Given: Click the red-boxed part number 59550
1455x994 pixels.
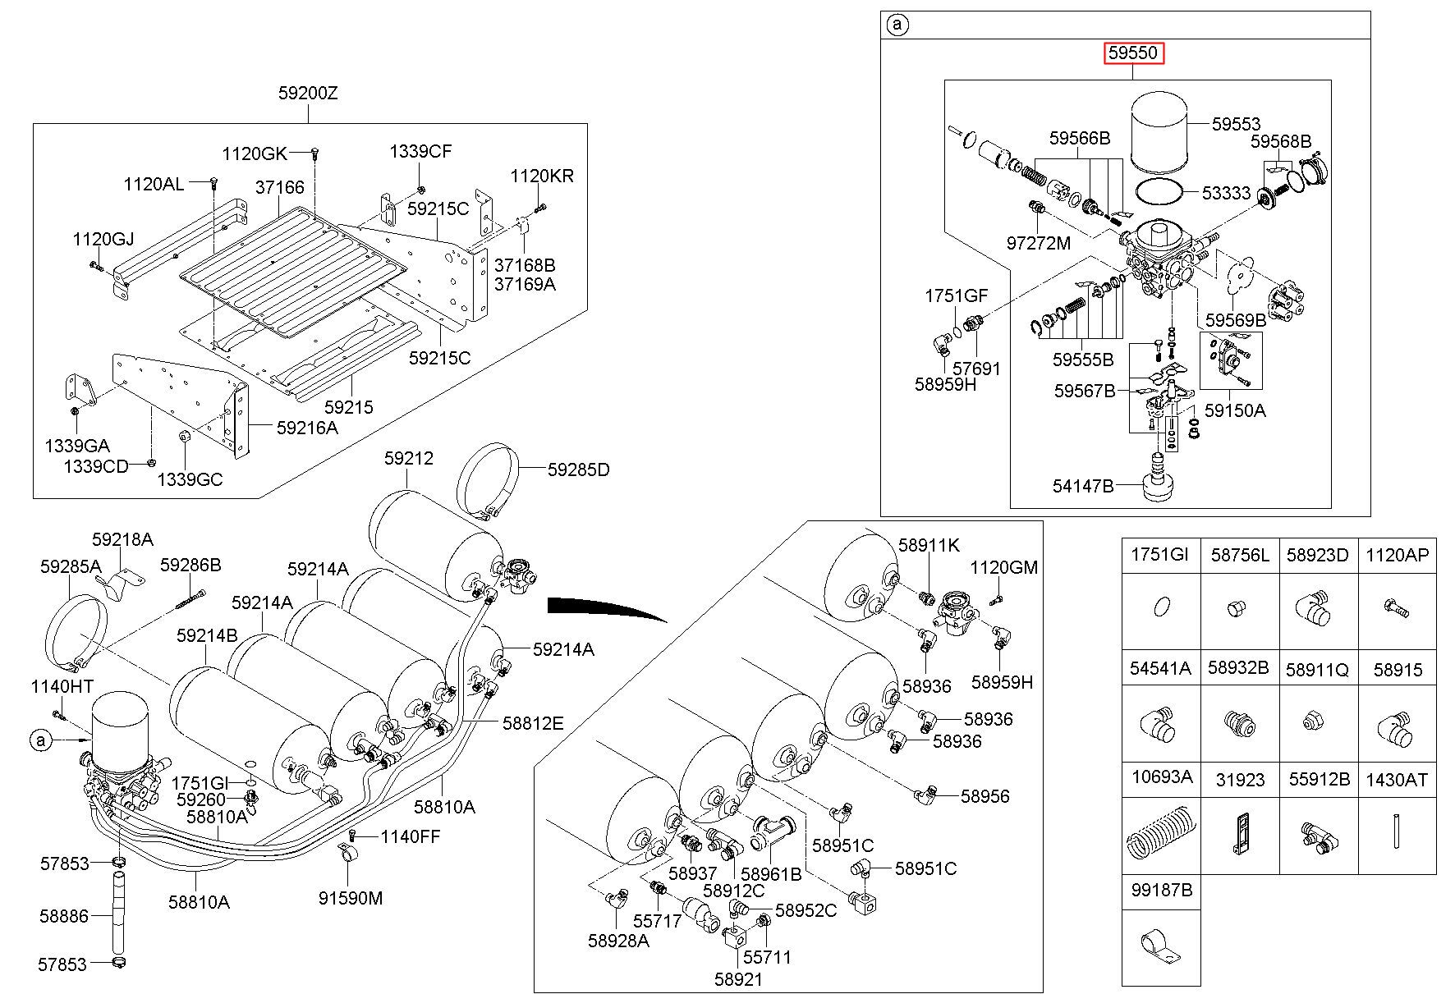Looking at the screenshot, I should click(1133, 53).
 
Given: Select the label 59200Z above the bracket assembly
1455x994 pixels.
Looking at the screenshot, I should click(308, 94).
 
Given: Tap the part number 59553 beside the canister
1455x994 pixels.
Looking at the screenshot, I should click(1236, 125).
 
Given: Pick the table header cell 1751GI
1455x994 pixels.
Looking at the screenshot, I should click(1159, 555).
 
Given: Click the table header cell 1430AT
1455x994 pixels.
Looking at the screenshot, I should click(1397, 779).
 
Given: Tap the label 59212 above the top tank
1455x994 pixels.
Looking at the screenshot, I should click(408, 458).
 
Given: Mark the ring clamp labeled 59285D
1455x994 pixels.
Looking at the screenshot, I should click(489, 480).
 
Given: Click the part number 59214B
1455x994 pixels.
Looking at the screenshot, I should click(207, 635).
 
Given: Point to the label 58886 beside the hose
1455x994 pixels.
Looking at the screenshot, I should click(63, 914).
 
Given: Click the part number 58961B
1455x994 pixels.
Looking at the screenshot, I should click(771, 874).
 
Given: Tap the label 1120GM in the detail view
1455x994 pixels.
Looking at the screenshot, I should click(1003, 567).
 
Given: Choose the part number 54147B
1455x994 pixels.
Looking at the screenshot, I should click(1083, 486).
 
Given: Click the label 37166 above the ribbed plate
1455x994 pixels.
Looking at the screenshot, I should click(279, 188).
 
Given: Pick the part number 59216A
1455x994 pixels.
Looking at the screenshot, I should click(307, 428).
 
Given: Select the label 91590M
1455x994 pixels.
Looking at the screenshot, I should click(351, 898).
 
